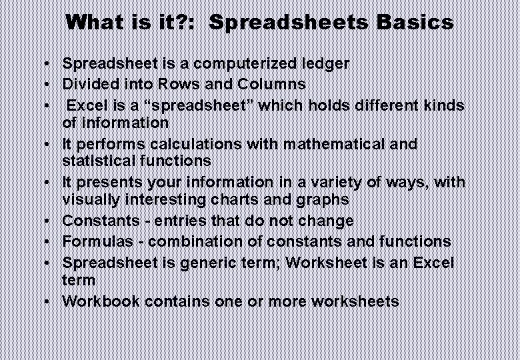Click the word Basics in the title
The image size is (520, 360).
click(x=415, y=23)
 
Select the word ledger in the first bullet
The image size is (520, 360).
click(x=325, y=64)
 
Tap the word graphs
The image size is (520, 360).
click(x=323, y=199)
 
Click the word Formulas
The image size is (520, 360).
click(x=93, y=241)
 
